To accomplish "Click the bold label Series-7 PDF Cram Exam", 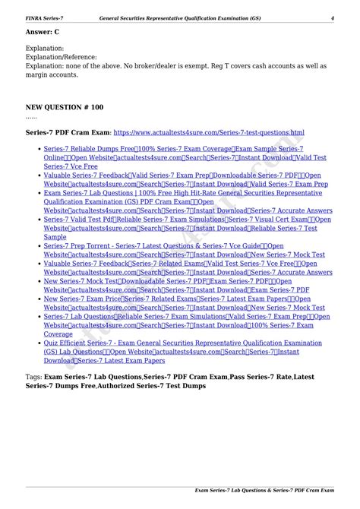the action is (x=67, y=132).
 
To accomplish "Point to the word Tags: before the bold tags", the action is (x=33, y=377).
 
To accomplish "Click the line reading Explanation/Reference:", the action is (x=61, y=57).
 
